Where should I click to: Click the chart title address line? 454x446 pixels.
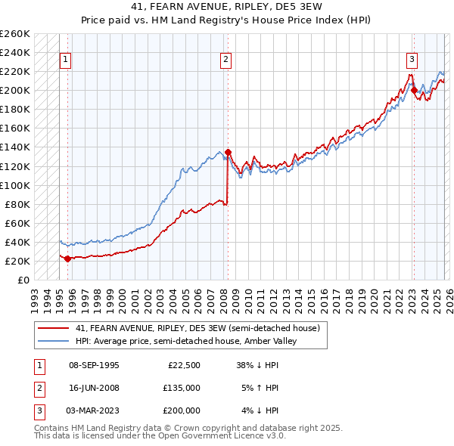tap(226, 8)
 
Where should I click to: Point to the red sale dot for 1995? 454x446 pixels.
tap(67, 259)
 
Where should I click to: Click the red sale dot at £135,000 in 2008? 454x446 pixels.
tap(228, 152)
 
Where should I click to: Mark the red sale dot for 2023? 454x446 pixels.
tap(414, 90)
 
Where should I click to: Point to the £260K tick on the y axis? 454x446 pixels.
tap(15, 34)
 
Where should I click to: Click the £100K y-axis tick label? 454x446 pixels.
tap(15, 185)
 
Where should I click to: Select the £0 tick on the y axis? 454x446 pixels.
tap(23, 280)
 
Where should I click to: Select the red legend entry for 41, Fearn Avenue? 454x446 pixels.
tap(197, 328)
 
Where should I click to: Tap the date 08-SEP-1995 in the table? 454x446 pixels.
tap(94, 365)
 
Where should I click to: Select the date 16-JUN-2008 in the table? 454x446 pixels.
tap(94, 388)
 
